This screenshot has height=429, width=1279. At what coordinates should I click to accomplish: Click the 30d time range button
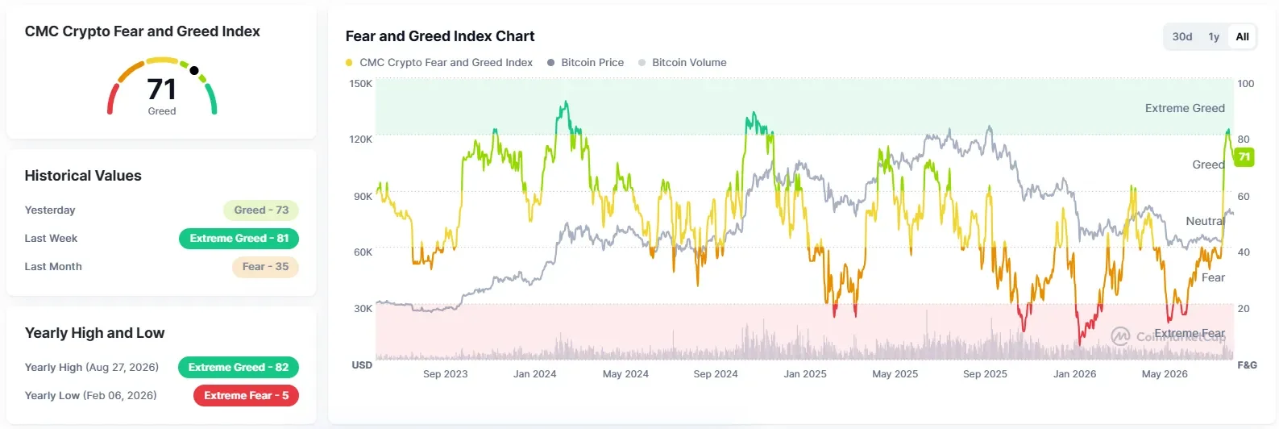[1182, 36]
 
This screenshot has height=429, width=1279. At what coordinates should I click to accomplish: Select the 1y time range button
[1214, 36]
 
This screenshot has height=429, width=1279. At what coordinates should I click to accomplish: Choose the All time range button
[1243, 36]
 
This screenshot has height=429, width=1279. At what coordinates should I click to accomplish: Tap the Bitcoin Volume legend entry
[683, 62]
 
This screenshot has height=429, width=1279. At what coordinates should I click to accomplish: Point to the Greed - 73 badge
[261, 210]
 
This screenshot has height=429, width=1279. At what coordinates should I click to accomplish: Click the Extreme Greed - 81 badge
[239, 238]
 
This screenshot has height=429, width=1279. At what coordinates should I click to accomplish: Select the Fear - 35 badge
[265, 267]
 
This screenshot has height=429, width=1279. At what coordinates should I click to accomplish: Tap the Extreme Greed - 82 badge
[238, 367]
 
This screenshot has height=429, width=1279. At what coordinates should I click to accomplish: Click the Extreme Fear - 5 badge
[246, 395]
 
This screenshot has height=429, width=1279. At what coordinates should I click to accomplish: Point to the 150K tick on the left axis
[361, 84]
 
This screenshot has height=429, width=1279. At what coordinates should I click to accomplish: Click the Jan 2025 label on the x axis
[805, 374]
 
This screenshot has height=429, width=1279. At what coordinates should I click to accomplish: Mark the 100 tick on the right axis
[1246, 84]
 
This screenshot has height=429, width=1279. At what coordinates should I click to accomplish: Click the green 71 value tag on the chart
[1244, 157]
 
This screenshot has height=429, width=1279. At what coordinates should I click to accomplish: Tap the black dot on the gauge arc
[194, 70]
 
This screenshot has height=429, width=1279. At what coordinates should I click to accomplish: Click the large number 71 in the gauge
[162, 90]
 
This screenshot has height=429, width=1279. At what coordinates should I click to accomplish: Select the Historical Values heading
[83, 175]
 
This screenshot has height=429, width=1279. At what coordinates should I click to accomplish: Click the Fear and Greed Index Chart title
[440, 36]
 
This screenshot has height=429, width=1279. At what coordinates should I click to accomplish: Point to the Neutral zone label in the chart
[1206, 221]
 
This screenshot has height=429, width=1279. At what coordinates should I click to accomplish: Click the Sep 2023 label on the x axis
[446, 374]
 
